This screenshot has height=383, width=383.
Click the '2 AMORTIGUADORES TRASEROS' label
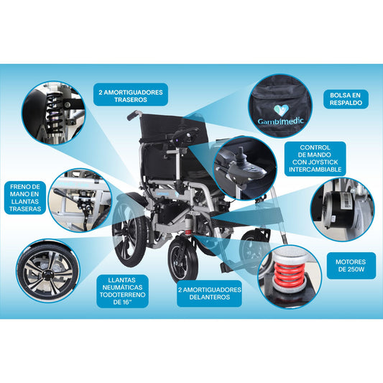click(x=131, y=95)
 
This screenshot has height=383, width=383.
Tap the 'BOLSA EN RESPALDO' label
click(x=346, y=99)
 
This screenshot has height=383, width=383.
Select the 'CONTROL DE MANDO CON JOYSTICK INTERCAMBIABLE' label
click(x=315, y=159)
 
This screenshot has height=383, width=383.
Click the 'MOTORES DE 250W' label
click(x=351, y=265)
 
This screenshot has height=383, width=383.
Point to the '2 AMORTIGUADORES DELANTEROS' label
click(x=209, y=293)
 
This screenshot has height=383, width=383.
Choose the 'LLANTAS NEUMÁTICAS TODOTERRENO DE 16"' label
click(x=122, y=291)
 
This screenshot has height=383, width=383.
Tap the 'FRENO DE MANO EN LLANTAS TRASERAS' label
click(x=25, y=198)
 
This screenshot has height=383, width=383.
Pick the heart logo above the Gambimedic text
click(x=282, y=111)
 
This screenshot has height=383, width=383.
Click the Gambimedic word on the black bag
click(x=280, y=121)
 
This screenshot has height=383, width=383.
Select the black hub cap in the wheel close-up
click(x=47, y=275)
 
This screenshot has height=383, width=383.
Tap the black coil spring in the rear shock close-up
click(x=54, y=112)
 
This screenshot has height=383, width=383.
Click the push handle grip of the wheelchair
click(x=132, y=116)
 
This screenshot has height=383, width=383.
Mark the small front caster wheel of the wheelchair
click(x=183, y=259)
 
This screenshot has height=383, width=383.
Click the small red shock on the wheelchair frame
click(x=188, y=231)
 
